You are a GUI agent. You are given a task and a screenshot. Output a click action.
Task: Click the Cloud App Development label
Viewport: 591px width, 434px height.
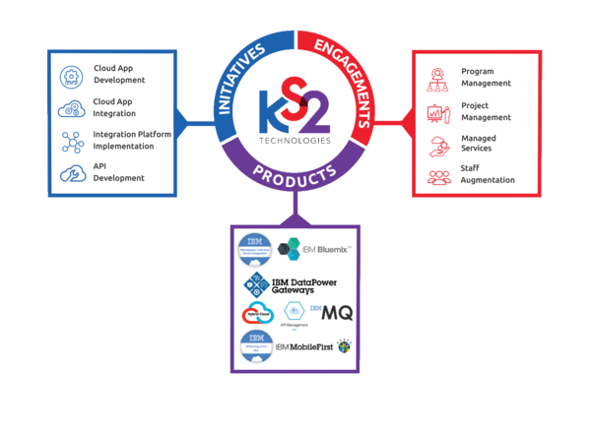pyautogui.click(x=119, y=74)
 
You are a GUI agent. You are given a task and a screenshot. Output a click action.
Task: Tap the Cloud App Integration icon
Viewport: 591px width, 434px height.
pyautogui.click(x=71, y=107)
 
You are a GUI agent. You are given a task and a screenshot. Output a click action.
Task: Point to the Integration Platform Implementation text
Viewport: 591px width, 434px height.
pyautogui.click(x=124, y=140)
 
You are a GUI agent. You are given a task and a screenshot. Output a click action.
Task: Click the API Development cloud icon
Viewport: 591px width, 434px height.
pyautogui.click(x=71, y=173)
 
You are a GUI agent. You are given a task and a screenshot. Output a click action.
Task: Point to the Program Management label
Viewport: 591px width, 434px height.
pyautogui.click(x=486, y=78)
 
